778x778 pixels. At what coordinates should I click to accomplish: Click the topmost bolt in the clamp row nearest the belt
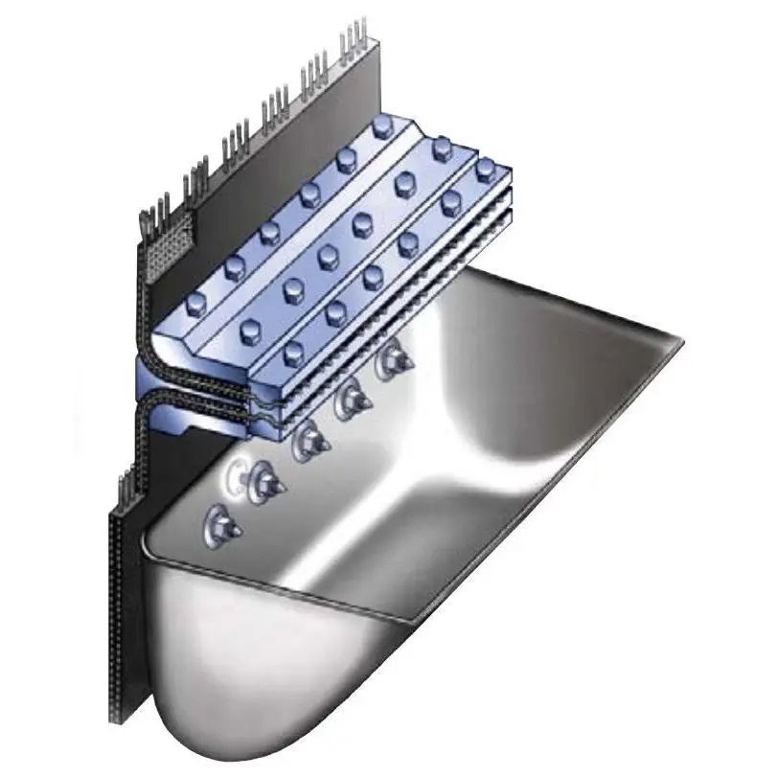coord(381,130)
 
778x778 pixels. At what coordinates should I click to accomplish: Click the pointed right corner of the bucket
coord(678,339)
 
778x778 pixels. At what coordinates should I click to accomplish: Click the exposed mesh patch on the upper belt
coord(172,240)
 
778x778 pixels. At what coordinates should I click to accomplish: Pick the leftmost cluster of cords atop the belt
coord(151,216)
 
